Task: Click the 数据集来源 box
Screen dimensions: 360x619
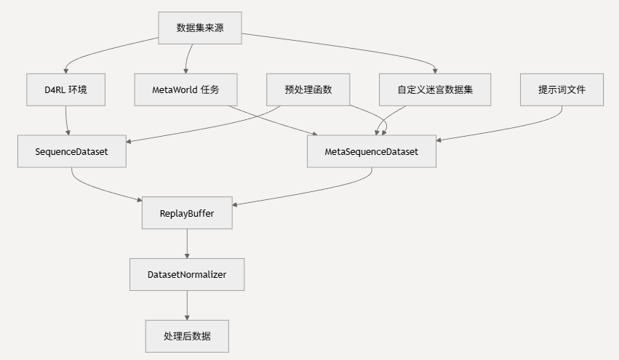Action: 200,28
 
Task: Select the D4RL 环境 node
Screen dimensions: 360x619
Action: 65,89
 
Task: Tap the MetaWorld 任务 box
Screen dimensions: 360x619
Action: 185,89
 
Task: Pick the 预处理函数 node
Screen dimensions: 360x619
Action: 308,89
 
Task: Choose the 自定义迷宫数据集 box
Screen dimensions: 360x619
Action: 435,89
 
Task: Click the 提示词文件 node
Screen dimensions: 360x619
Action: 562,89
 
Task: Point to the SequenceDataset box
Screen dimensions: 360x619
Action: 71,151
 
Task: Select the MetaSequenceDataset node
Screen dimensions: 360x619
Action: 372,151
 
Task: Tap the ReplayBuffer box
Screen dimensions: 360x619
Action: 187,214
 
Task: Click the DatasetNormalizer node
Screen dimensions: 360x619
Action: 187,275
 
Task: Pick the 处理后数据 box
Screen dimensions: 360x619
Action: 187,336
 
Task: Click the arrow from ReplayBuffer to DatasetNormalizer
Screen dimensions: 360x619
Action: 187,244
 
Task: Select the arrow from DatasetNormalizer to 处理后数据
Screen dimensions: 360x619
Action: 187,305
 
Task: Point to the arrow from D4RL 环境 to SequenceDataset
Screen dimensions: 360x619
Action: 67,121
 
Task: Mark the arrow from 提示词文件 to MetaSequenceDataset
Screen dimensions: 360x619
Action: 509,129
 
